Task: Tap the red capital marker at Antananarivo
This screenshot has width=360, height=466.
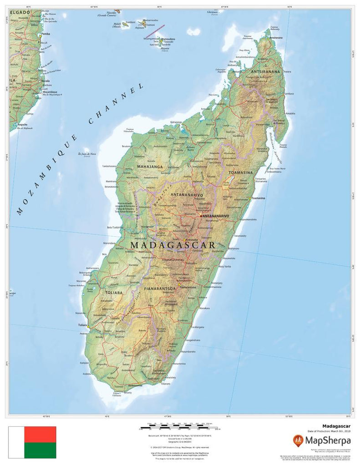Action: point(201,216)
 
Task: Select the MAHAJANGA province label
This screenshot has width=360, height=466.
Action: point(149,167)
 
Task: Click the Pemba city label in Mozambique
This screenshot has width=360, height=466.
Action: point(46,34)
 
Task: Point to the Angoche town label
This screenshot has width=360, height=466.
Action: point(23,124)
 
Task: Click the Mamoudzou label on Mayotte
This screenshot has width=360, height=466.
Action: point(168,39)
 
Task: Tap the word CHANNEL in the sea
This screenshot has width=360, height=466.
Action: point(116,103)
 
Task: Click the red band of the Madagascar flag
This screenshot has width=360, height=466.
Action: point(40,434)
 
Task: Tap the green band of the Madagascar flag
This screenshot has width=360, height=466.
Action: point(40,450)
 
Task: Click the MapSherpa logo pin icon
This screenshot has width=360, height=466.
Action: point(299,440)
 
